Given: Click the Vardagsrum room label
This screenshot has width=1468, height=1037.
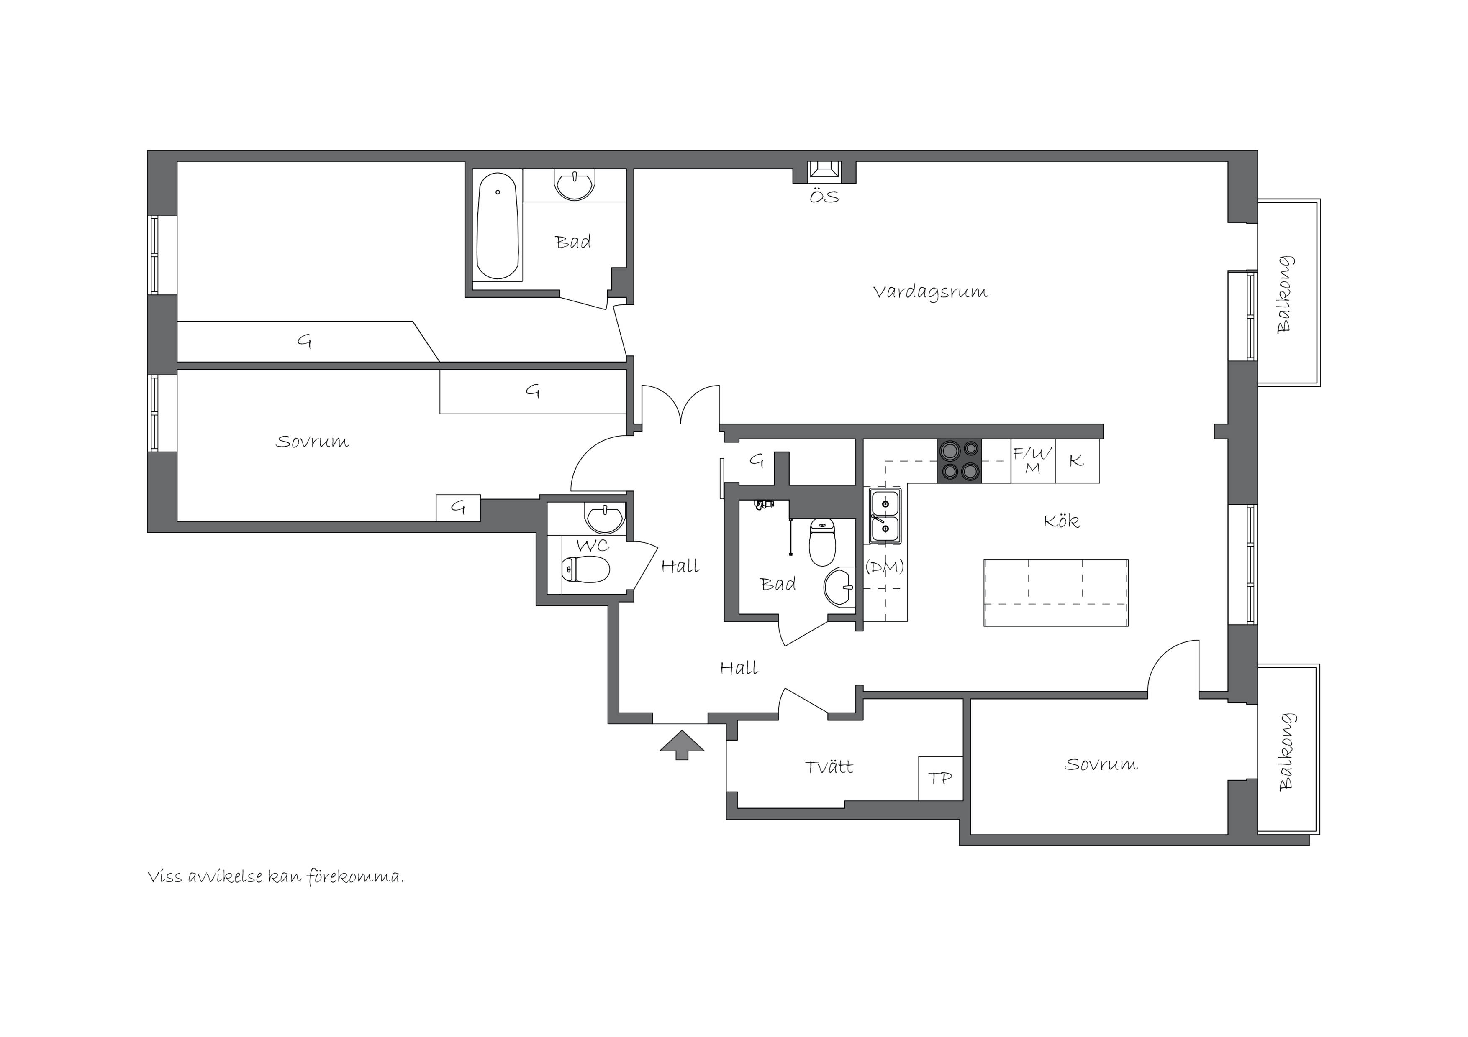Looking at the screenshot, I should coord(930,292).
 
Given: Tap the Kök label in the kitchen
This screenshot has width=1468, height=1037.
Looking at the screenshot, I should coord(1061,521).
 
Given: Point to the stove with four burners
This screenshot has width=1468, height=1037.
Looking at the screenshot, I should coord(959,461).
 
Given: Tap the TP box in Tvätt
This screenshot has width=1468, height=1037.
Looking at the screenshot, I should coord(940,778).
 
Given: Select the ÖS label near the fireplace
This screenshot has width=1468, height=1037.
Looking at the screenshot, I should coord(824,196).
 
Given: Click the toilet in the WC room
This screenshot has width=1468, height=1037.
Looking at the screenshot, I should coord(585,569).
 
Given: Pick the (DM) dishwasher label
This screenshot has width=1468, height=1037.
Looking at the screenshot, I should coord(885,567).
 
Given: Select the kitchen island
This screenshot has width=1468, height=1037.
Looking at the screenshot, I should coord(1056,592).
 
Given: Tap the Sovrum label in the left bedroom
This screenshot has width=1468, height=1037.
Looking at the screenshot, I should coord(312,442).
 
